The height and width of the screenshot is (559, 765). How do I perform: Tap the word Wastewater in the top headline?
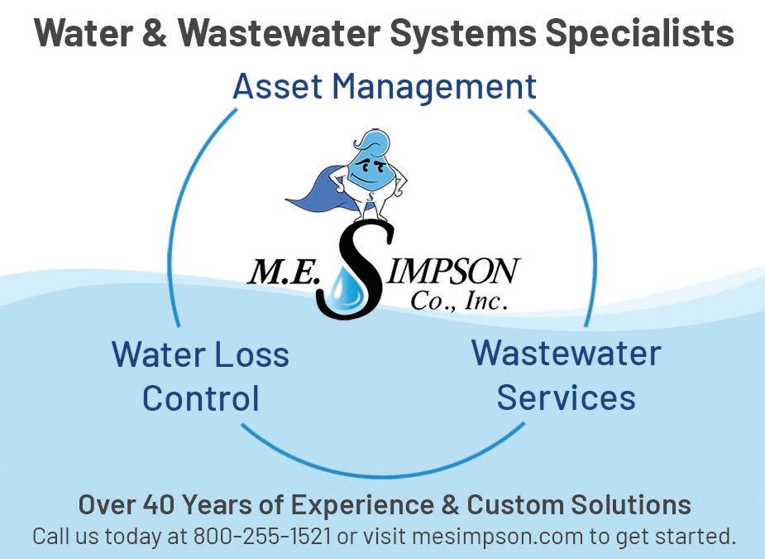(275, 33)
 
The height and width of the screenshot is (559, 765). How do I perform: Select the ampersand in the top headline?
(158, 33)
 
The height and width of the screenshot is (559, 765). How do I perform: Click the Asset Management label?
(385, 86)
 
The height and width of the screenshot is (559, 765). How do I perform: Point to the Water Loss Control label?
(200, 376)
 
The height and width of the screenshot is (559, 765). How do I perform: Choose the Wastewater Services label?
(567, 375)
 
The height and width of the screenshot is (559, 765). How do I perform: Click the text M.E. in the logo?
(282, 274)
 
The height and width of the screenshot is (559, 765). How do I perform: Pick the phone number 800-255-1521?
(262, 536)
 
